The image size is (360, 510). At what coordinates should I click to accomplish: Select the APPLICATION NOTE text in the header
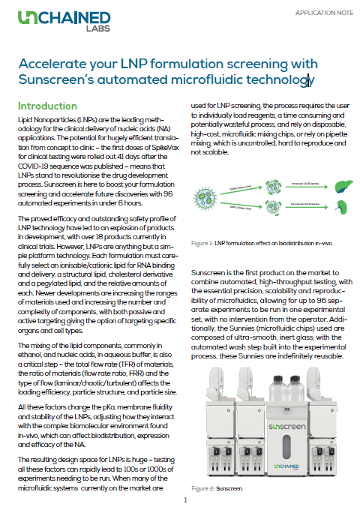point(322,13)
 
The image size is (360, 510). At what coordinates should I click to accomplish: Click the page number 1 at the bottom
point(185,499)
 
